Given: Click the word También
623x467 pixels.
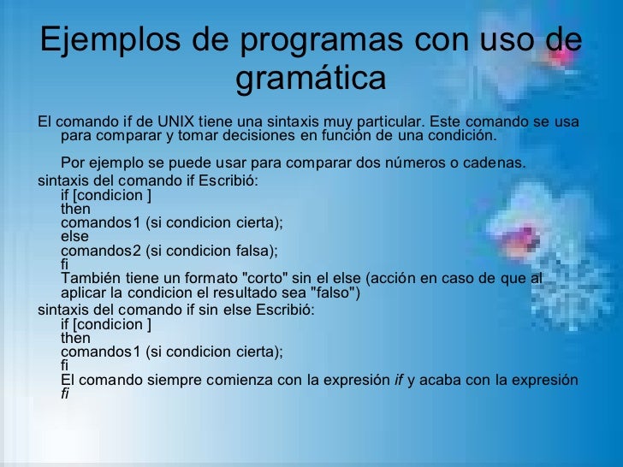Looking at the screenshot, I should (91, 280).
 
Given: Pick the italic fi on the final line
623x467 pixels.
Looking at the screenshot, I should (67, 395).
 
